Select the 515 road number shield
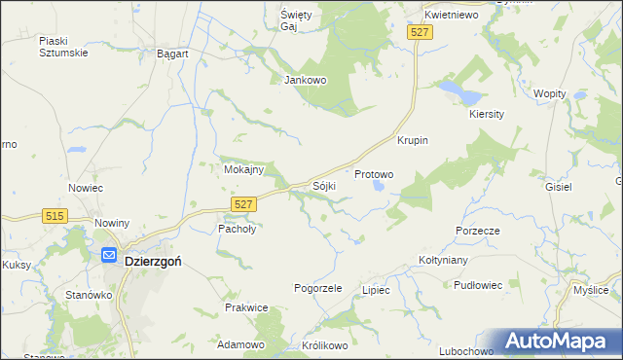(54, 215)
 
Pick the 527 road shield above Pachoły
(244, 202)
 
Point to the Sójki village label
(324, 185)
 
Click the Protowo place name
(374, 175)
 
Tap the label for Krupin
(413, 140)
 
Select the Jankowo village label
(305, 80)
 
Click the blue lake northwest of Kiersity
(458, 92)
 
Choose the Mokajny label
(243, 169)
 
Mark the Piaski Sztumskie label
(63, 46)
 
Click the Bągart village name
(172, 54)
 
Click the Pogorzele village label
(318, 288)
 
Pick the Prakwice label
(246, 307)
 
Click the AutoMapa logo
(558, 342)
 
